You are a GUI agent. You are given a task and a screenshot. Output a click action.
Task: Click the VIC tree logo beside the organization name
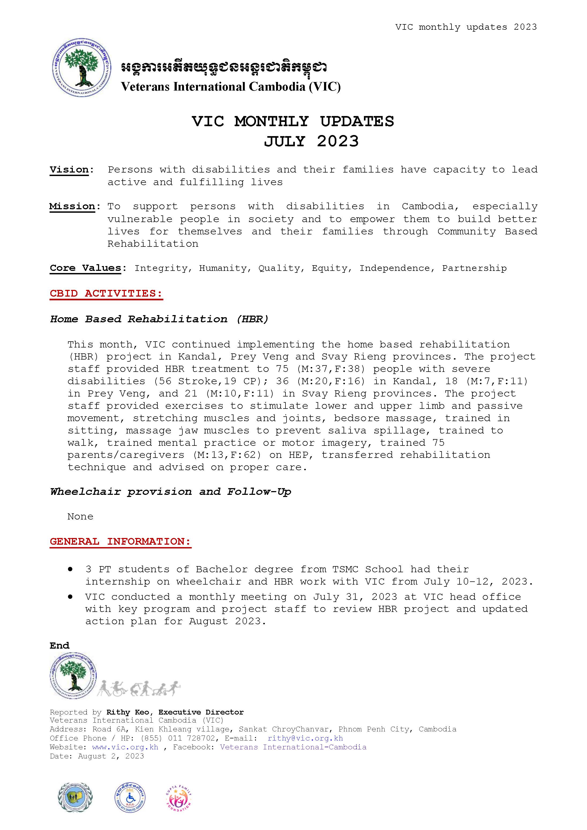pyautogui.click(x=81, y=67)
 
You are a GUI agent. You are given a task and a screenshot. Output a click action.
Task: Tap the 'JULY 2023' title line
pyautogui.click(x=311, y=141)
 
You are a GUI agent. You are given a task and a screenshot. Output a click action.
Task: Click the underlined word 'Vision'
pyautogui.click(x=69, y=170)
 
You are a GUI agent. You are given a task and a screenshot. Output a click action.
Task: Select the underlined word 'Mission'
pyautogui.click(x=72, y=206)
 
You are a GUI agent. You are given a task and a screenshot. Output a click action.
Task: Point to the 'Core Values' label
pyautogui.click(x=85, y=268)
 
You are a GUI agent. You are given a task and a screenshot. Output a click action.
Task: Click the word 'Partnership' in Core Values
pyautogui.click(x=474, y=268)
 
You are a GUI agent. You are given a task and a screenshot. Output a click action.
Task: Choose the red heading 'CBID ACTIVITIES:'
pyautogui.click(x=106, y=293)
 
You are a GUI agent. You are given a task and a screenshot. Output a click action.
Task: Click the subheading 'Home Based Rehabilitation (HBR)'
pyautogui.click(x=159, y=319)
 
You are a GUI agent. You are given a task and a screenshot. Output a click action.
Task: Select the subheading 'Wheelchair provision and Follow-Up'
pyautogui.click(x=171, y=492)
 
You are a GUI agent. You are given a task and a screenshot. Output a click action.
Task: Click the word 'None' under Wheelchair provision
pyautogui.click(x=80, y=517)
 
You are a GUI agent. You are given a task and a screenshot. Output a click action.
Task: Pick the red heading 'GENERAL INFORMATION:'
pyautogui.click(x=120, y=541)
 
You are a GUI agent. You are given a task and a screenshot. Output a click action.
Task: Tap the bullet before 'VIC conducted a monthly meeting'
pyautogui.click(x=70, y=597)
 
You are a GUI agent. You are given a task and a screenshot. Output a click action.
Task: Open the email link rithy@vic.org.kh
pyautogui.click(x=305, y=738)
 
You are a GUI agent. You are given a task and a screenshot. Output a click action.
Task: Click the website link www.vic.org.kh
pyautogui.click(x=125, y=747)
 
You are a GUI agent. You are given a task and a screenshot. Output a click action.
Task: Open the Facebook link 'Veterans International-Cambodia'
pyautogui.click(x=293, y=747)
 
